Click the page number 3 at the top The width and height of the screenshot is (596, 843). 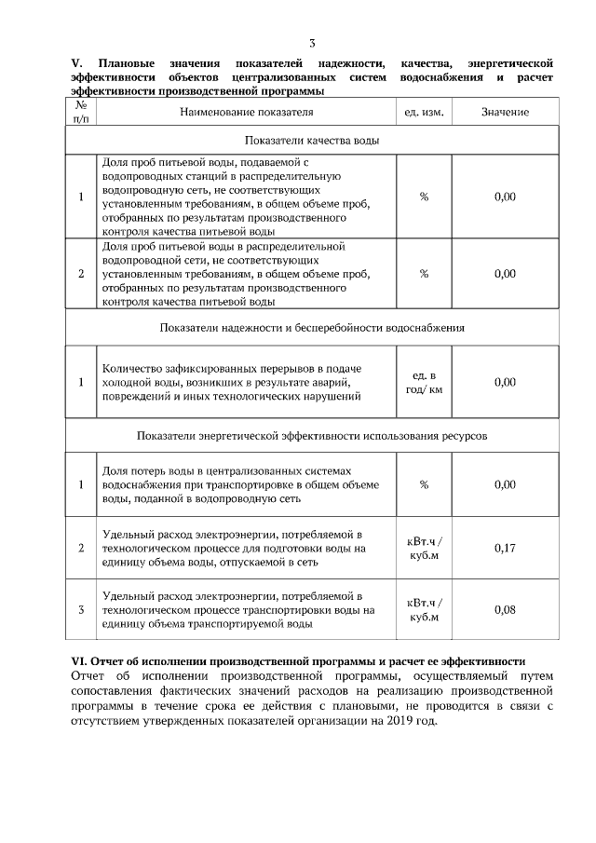pos(313,43)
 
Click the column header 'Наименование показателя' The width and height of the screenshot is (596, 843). pos(246,112)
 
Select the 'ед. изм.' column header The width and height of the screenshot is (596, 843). pos(424,112)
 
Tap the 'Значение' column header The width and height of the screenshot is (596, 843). pos(506,112)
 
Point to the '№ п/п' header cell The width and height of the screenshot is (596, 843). pos(81,112)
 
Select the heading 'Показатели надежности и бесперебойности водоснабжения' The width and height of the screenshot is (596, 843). pos(312,328)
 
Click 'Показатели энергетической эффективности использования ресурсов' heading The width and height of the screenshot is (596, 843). pos(312,435)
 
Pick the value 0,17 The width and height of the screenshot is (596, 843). pos(506,548)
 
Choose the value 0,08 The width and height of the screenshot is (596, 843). pos(506,610)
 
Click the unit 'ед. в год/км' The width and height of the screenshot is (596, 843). pos(424,382)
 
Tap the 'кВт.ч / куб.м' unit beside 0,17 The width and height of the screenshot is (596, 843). pos(425,548)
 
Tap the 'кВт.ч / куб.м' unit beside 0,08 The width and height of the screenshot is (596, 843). pos(425,610)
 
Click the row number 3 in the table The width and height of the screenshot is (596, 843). pos(81,610)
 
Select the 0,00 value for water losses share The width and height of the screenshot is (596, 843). pos(506,484)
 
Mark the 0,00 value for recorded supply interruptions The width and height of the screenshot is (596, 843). pos(506,382)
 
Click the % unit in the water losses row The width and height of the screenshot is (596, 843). pos(424,484)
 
